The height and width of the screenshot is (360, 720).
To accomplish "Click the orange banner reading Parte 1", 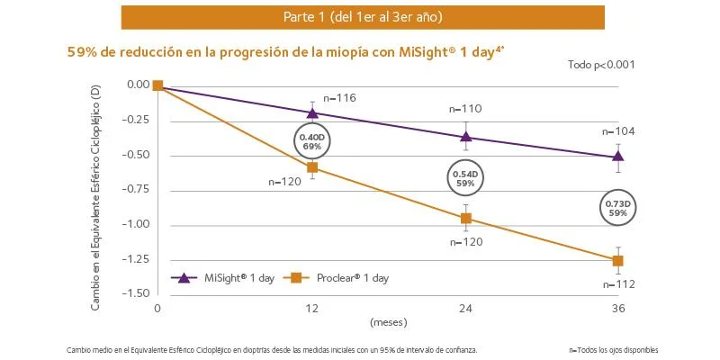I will tap(363, 17).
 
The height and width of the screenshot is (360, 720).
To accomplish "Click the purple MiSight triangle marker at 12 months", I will tap(312, 112).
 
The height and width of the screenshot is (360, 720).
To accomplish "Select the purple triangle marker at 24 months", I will tap(466, 137).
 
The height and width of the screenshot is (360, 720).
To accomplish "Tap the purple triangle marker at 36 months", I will tap(618, 157).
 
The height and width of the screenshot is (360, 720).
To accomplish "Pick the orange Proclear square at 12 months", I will tap(312, 167).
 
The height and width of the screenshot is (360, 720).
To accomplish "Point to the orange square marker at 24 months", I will tap(466, 218).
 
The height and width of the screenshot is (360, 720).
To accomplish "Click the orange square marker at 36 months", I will tap(618, 261).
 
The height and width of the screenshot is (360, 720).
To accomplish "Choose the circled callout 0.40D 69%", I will tap(313, 140).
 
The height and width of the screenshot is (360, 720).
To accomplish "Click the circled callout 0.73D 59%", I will tap(618, 209).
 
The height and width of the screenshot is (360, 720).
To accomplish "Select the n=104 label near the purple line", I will tap(619, 131).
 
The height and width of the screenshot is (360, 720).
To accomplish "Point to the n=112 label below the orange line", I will tap(619, 284).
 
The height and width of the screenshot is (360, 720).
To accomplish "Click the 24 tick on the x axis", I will tap(466, 308).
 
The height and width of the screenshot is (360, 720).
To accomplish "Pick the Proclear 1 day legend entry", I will tap(339, 278).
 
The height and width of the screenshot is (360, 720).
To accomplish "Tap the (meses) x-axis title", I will tap(388, 320).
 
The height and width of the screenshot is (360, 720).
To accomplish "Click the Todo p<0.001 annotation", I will tap(600, 65).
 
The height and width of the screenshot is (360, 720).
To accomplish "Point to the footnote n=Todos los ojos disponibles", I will tap(613, 349).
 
